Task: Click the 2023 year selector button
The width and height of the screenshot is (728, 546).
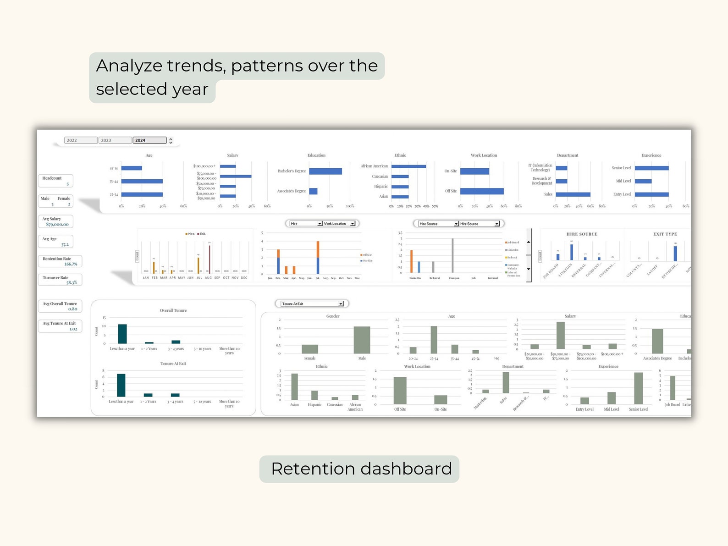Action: pyautogui.click(x=115, y=140)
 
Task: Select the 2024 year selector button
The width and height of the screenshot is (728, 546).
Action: pyautogui.click(x=149, y=140)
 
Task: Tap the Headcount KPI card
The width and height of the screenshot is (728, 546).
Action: pyautogui.click(x=55, y=181)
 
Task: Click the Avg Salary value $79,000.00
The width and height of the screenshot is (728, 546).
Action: pyautogui.click(x=57, y=224)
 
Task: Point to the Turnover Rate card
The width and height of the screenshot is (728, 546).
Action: pyautogui.click(x=60, y=280)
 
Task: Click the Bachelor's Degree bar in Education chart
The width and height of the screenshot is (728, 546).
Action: pyautogui.click(x=325, y=171)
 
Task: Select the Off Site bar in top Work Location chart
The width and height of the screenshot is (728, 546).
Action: pyautogui.click(x=481, y=191)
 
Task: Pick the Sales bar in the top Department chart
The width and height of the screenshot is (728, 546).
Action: pyautogui.click(x=573, y=194)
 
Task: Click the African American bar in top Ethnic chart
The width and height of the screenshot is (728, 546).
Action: pyautogui.click(x=408, y=166)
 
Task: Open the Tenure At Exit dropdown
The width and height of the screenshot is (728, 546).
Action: pyautogui.click(x=312, y=303)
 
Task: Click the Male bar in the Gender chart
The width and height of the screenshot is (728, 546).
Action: pyautogui.click(x=362, y=340)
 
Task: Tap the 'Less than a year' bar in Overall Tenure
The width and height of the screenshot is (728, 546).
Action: pyautogui.click(x=122, y=334)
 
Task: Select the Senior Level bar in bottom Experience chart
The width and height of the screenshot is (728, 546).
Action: pyautogui.click(x=638, y=388)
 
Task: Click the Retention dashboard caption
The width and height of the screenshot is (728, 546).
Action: pyautogui.click(x=361, y=469)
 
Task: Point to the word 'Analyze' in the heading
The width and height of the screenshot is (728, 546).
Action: pyautogui.click(x=129, y=66)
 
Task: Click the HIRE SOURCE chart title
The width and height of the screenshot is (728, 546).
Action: pyautogui.click(x=582, y=234)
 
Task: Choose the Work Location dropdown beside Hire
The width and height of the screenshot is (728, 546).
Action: pyautogui.click(x=339, y=224)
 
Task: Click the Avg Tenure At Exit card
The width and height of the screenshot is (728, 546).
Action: pyautogui.click(x=60, y=326)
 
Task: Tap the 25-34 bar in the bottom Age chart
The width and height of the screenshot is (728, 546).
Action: pyautogui.click(x=434, y=340)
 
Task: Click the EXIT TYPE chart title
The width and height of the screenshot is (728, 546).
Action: pyautogui.click(x=665, y=234)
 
